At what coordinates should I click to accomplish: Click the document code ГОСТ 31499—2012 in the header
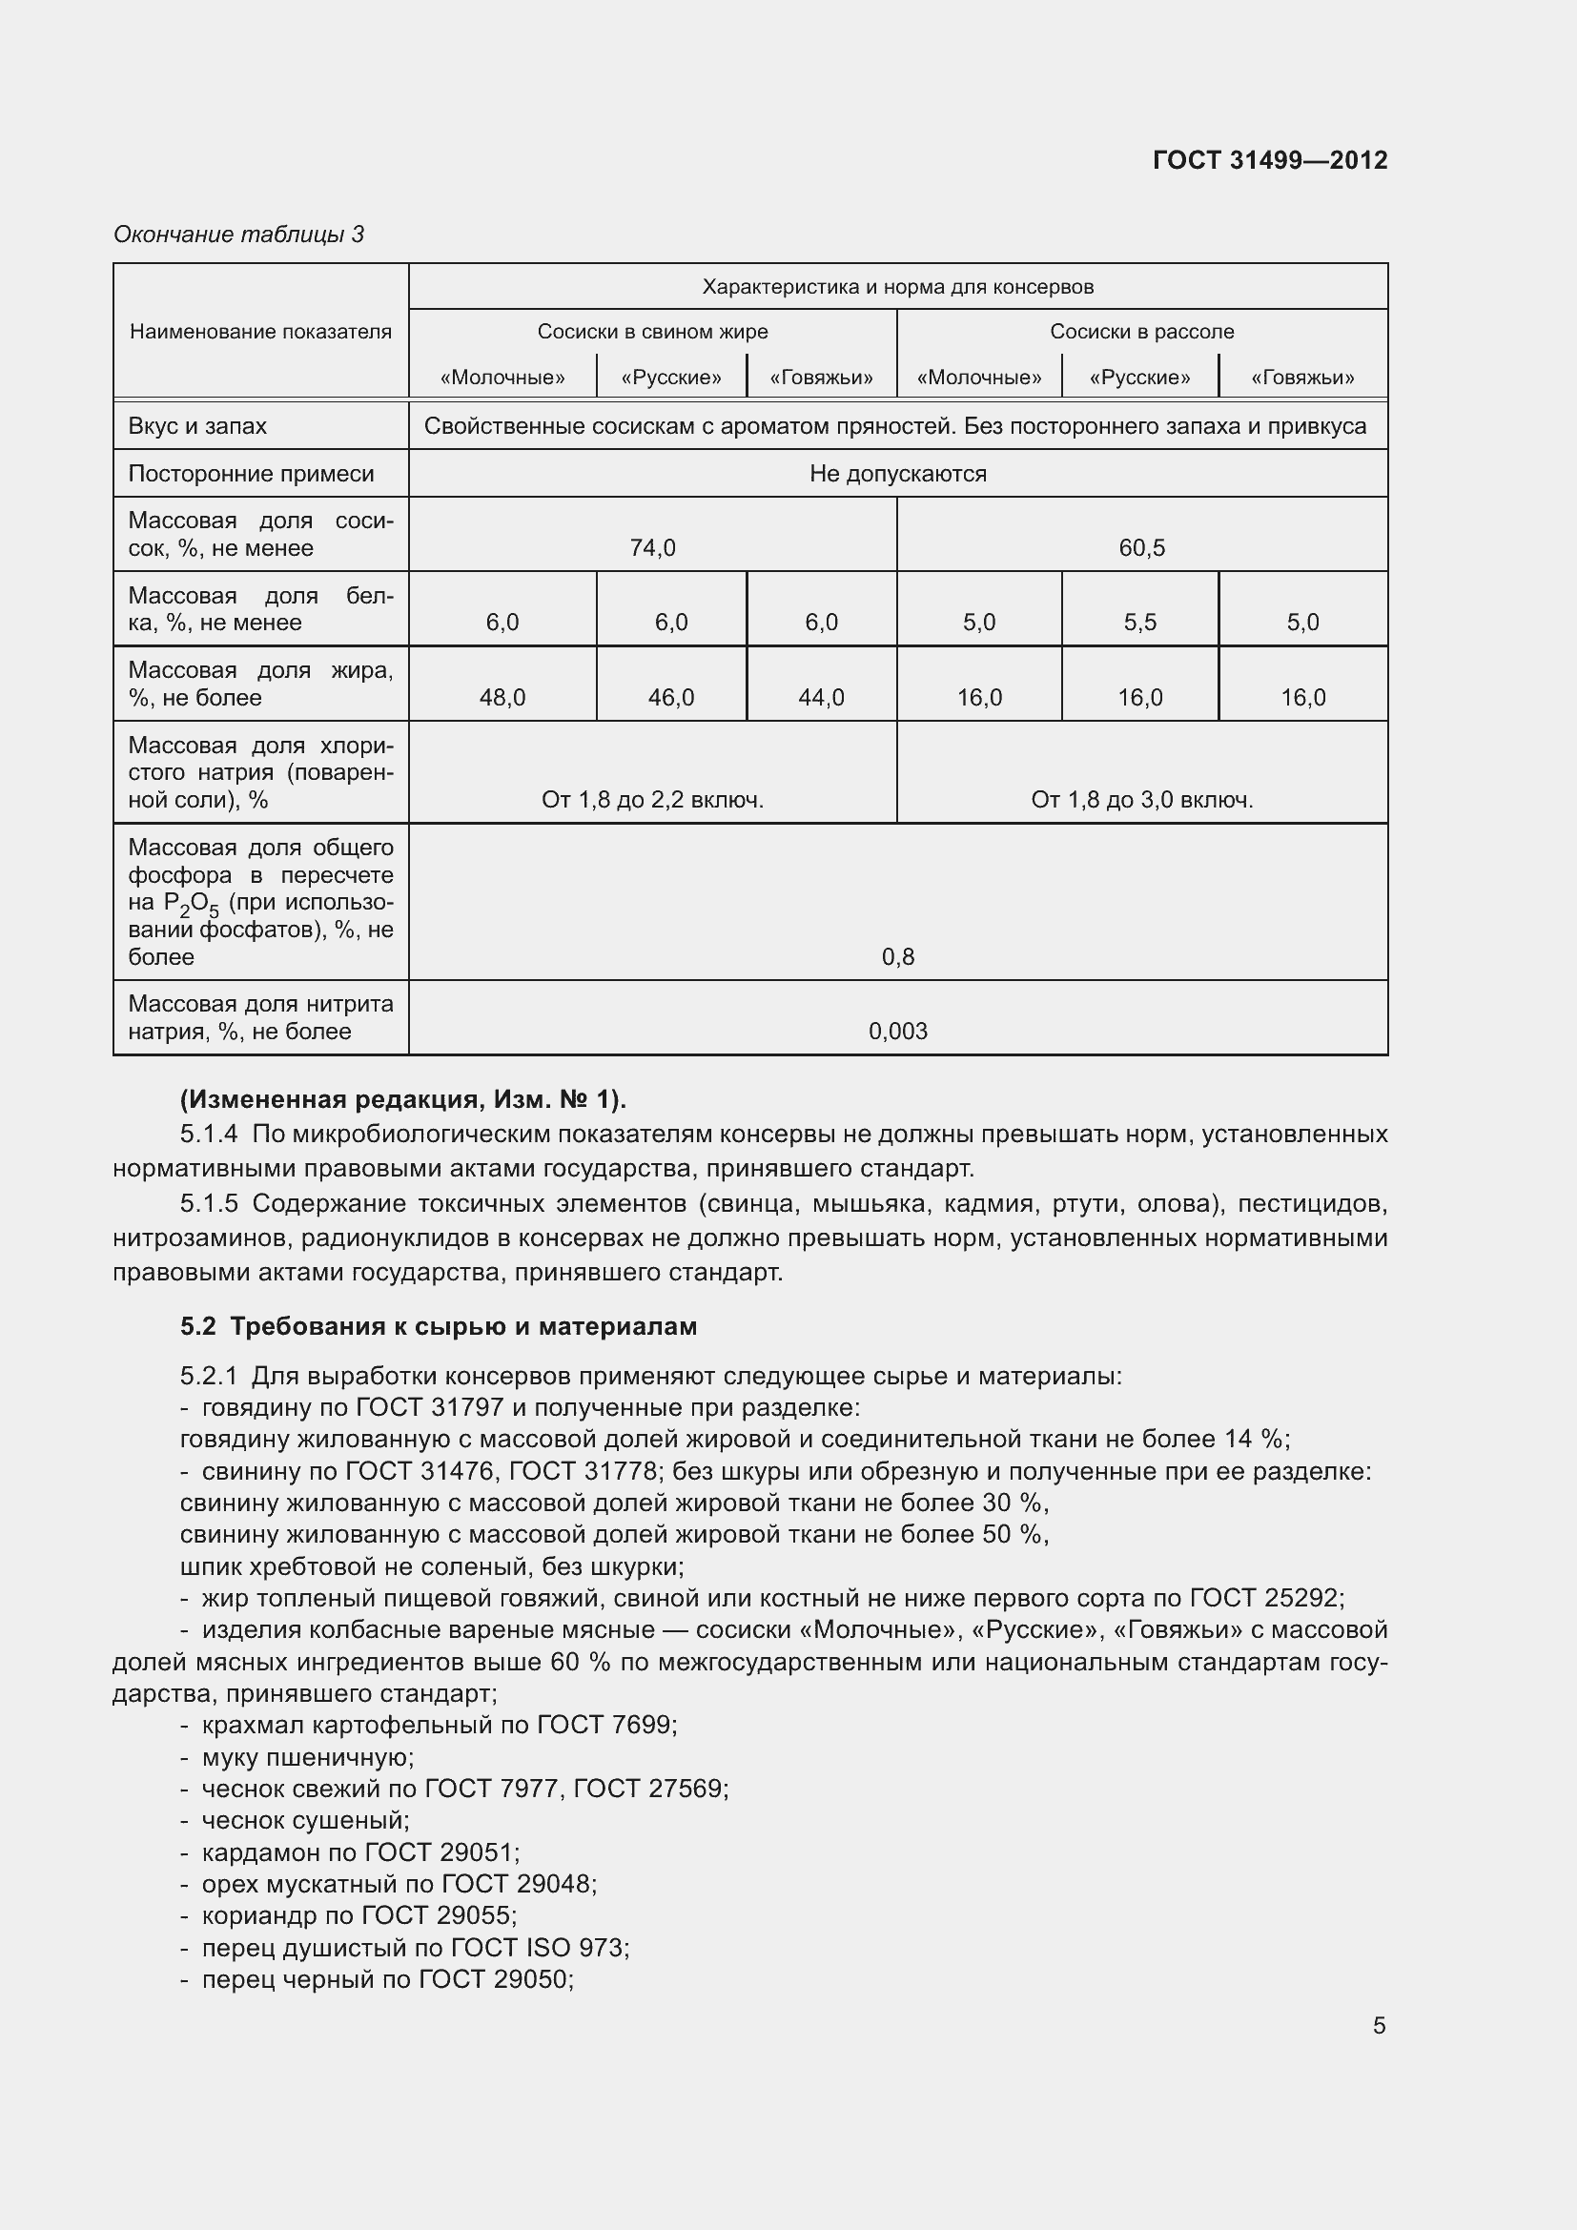pos(1269,160)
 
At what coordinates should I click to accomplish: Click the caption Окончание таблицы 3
pos(239,235)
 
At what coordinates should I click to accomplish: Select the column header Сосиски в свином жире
pos(652,331)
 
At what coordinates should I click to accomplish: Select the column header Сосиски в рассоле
pos(1141,331)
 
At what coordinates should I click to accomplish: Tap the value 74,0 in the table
pos(652,548)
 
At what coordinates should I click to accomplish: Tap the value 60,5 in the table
pos(1141,548)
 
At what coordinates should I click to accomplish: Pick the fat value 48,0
pos(502,697)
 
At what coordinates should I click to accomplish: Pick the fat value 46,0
pos(671,697)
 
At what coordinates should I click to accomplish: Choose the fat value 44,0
pos(821,697)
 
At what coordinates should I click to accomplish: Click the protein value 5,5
pos(1140,623)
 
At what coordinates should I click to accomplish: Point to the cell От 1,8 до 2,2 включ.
pos(652,800)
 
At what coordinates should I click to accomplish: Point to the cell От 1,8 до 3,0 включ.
pos(1142,800)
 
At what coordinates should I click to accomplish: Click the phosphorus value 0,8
pos(898,957)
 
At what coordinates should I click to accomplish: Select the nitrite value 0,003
pos(898,1032)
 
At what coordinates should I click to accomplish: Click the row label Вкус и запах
pos(197,426)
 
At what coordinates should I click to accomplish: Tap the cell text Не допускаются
pos(898,474)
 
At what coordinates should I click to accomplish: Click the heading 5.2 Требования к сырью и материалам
pos(439,1327)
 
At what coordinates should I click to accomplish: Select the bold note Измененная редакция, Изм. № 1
pos(403,1099)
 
